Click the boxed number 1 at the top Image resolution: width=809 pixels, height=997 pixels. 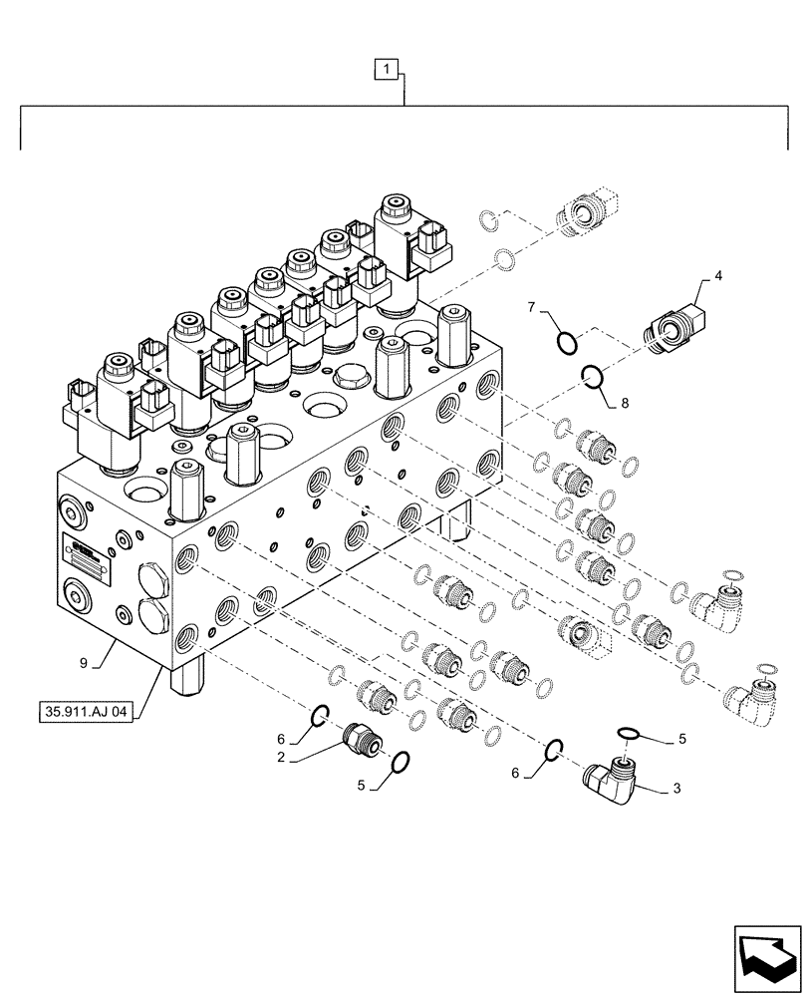coord(387,69)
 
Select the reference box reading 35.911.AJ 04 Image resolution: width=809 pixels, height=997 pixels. coord(90,713)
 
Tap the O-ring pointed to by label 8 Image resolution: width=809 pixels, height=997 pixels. coord(592,377)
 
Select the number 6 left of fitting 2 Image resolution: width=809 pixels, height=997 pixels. coord(281,738)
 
